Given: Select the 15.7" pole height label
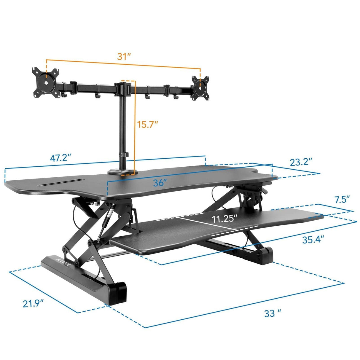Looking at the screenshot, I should pos(147,124).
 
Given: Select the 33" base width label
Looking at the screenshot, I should pos(273,313).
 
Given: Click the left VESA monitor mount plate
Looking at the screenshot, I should pos(46,82).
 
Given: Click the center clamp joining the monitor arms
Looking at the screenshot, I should pos(122,89).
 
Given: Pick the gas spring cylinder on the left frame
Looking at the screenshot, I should pos(108,221).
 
